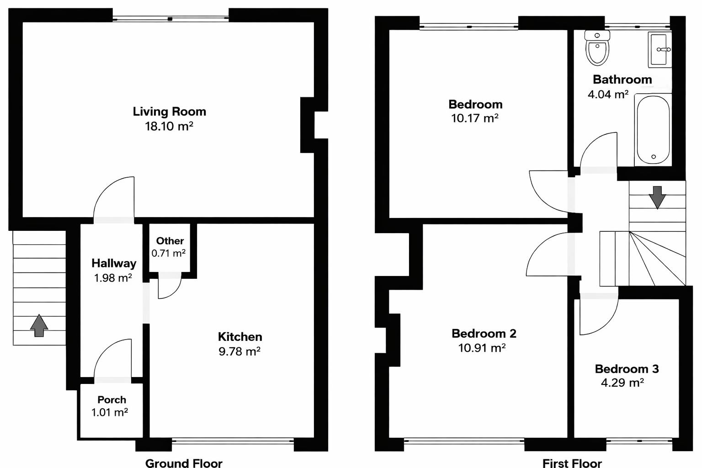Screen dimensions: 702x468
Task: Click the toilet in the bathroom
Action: pyautogui.click(x=597, y=48)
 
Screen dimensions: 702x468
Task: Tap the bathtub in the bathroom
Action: pyautogui.click(x=653, y=130)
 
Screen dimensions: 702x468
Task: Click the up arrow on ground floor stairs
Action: pyautogui.click(x=39, y=325)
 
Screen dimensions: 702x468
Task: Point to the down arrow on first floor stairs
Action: pyautogui.click(x=657, y=197)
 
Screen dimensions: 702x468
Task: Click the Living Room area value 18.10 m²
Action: pyautogui.click(x=169, y=126)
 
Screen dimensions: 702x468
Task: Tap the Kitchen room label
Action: pyautogui.click(x=240, y=337)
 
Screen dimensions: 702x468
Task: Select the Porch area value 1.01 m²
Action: pyautogui.click(x=110, y=412)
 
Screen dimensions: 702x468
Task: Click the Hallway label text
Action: pyautogui.click(x=114, y=263)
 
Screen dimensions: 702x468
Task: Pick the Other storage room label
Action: pyautogui.click(x=170, y=241)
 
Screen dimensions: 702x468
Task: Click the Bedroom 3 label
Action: pyautogui.click(x=627, y=369)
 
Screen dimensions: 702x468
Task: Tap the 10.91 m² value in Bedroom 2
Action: pyautogui.click(x=482, y=348)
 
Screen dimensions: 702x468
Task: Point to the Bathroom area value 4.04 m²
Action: pyautogui.click(x=608, y=94)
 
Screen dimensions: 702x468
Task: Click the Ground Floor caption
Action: pyautogui.click(x=184, y=463)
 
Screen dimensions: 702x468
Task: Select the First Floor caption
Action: pyautogui.click(x=572, y=463)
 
